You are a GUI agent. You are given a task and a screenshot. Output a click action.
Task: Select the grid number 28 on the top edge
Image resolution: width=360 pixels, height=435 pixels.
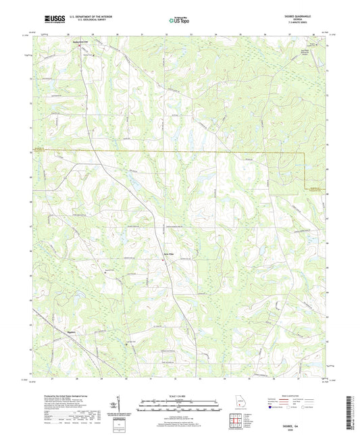[69, 32]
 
